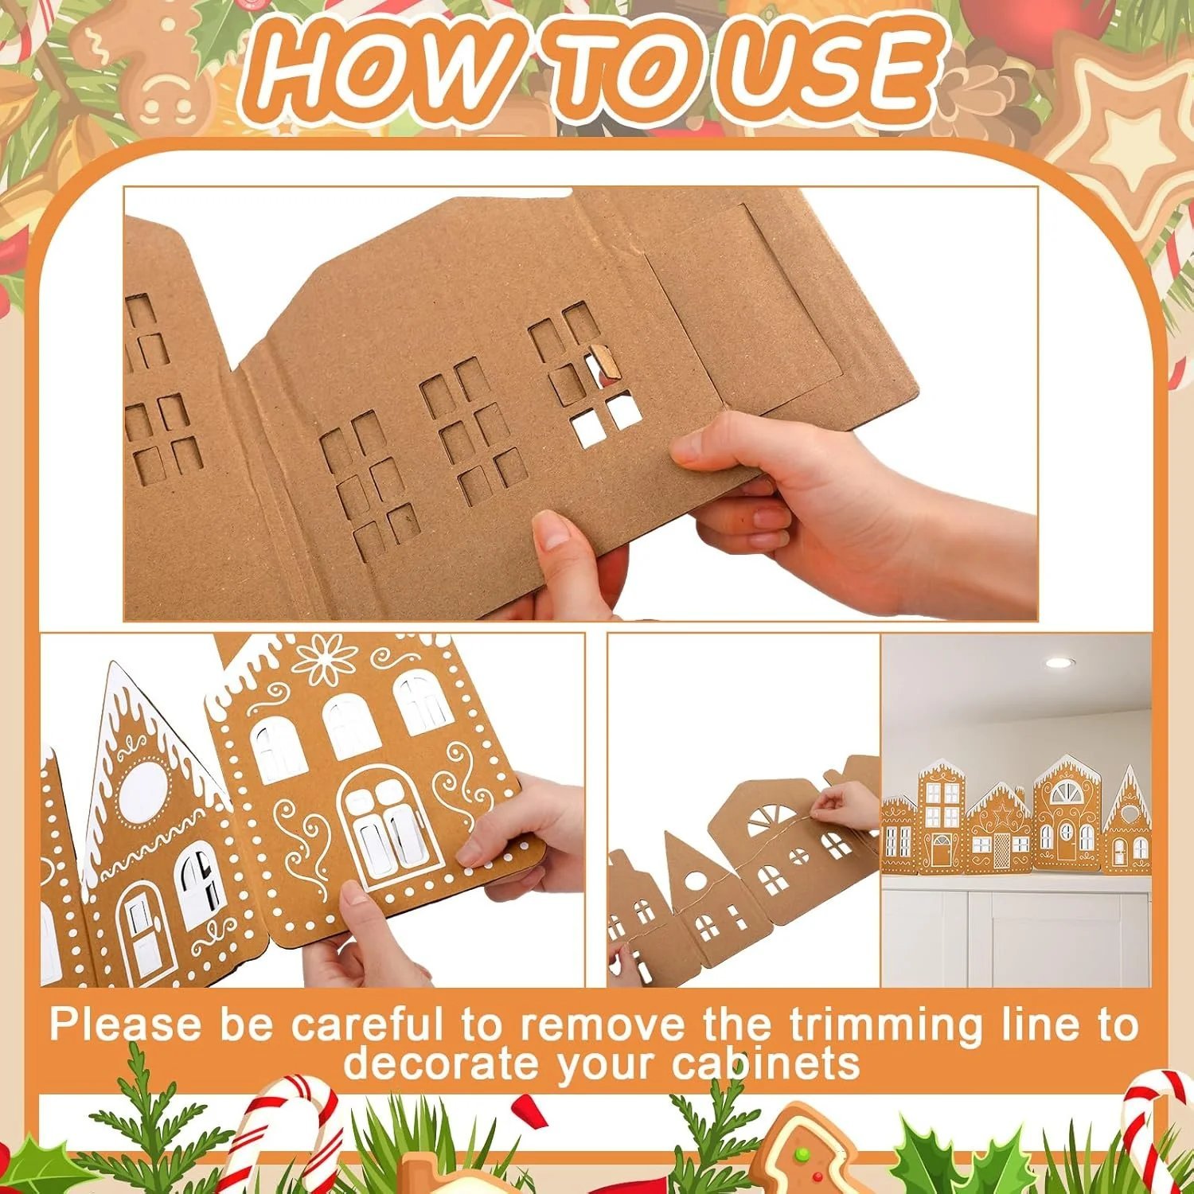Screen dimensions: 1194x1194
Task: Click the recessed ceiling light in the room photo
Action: (x=1059, y=663)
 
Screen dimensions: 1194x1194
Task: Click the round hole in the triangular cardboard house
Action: (x=694, y=881)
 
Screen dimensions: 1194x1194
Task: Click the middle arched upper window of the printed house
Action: (x=349, y=724)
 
